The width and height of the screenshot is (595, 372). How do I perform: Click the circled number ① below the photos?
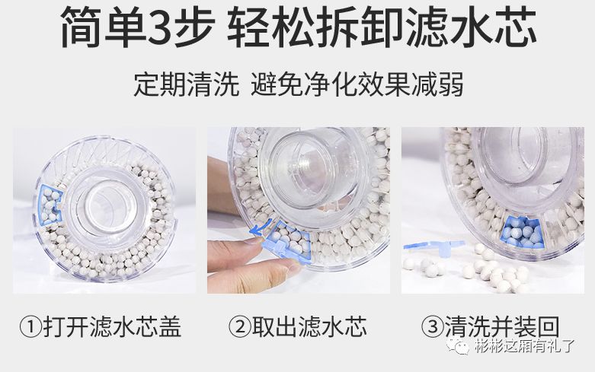point(29,328)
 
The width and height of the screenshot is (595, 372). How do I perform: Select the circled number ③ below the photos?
point(433,328)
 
